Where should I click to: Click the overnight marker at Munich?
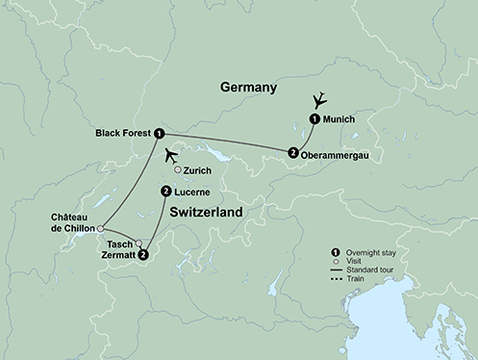pyautogui.click(x=314, y=118)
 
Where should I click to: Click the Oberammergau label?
pyautogui.click(x=337, y=152)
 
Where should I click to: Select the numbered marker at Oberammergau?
pyautogui.click(x=292, y=152)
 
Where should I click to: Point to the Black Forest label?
pyautogui.click(x=123, y=133)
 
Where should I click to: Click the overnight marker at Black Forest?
pyautogui.click(x=160, y=133)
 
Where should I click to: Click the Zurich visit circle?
pyautogui.click(x=177, y=170)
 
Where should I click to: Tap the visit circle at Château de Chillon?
pyautogui.click(x=101, y=228)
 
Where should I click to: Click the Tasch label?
pyautogui.click(x=120, y=244)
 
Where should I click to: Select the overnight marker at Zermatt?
pyautogui.click(x=143, y=255)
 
